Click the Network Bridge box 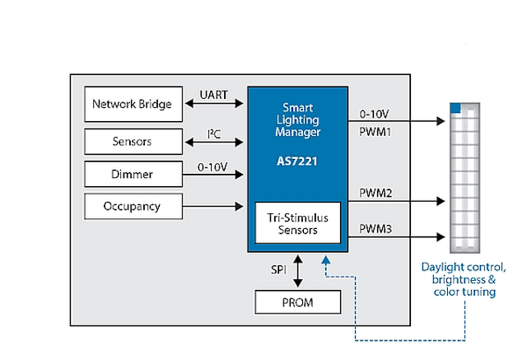pos(133,104)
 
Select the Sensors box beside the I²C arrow pos(133,142)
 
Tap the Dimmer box pos(133,174)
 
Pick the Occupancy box pos(133,206)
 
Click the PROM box pos(298,302)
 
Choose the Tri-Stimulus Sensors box pos(298,223)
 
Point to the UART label pos(214,95)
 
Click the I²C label pos(214,134)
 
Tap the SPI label pos(278,269)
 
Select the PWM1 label pos(375,132)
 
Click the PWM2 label pos(375,193)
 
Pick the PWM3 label pos(375,229)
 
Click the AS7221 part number pos(297,161)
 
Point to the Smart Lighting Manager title pos(298,119)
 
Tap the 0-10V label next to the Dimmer pos(212,167)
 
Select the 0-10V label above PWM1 pos(374,115)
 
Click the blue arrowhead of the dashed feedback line pos(326,260)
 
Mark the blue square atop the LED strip pos(455,108)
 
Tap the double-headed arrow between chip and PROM pos(298,271)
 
